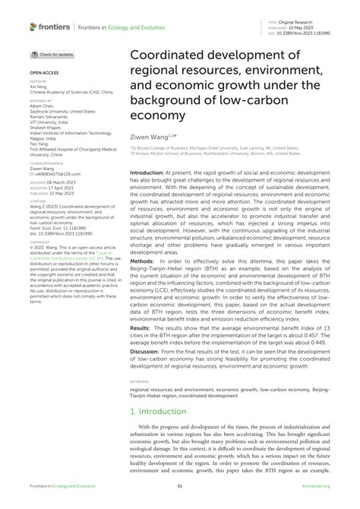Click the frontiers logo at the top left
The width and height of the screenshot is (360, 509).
(x=50, y=27)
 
